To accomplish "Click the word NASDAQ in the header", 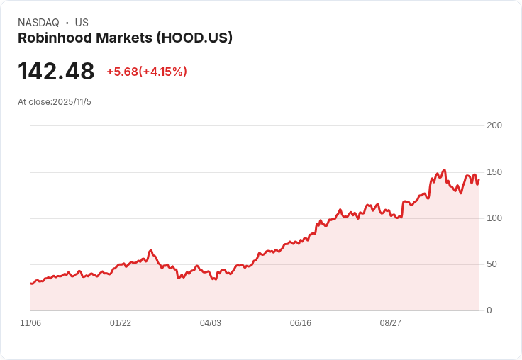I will click(x=38, y=23).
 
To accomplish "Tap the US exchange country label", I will click(x=82, y=23).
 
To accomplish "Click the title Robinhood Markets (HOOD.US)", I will click(x=125, y=38).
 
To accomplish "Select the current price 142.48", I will click(x=56, y=72).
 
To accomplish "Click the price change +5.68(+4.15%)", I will click(x=147, y=72).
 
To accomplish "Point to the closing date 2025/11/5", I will click(x=72, y=102).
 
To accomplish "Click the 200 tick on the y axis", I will click(x=494, y=125).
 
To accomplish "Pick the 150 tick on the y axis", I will click(x=494, y=172).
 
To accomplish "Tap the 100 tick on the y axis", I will click(x=494, y=218).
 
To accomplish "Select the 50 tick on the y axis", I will click(x=494, y=264).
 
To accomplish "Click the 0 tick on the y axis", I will click(x=489, y=310).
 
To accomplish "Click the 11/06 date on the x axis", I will click(x=30, y=323).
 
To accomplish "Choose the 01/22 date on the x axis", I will click(x=121, y=323).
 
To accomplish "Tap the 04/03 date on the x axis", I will click(x=211, y=323).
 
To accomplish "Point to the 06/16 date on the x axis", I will click(x=301, y=323).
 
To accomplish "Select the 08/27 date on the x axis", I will click(x=391, y=323).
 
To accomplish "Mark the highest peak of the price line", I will click(x=444, y=170).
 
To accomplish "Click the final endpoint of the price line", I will click(x=479, y=179).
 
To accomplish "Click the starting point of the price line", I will click(x=30, y=283).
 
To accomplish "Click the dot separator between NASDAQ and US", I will click(x=67, y=23).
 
